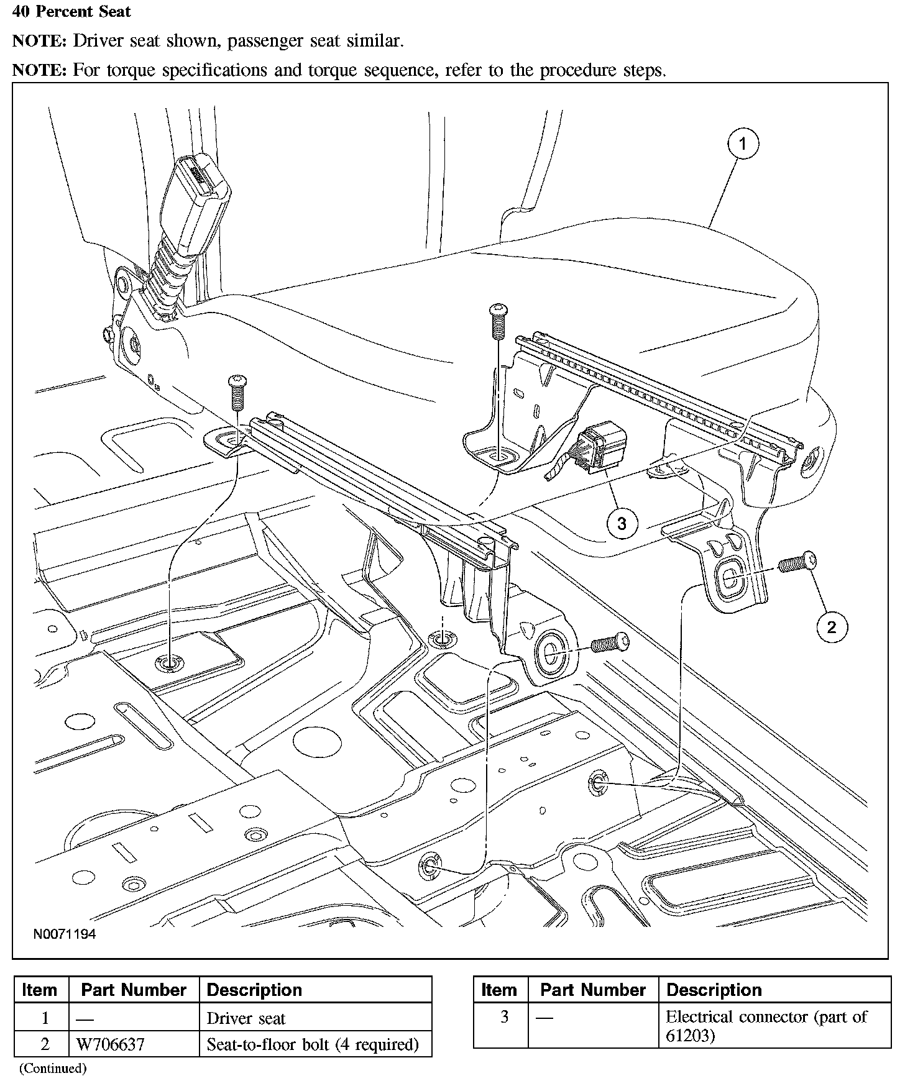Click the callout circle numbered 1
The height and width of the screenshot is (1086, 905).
click(742, 144)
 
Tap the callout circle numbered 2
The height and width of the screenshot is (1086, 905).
click(832, 627)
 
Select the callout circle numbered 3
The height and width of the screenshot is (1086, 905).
click(622, 523)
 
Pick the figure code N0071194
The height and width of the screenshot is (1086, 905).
click(65, 934)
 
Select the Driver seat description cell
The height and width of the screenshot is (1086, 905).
click(246, 1018)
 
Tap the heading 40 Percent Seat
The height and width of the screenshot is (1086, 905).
click(71, 12)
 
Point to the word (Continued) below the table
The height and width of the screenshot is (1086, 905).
click(52, 1069)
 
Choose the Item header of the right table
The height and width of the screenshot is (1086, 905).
click(499, 990)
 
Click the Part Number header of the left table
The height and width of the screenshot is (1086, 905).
click(134, 990)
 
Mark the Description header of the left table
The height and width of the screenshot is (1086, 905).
click(254, 990)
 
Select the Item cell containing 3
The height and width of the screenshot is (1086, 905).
click(504, 1017)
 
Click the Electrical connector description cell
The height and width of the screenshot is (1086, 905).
click(766, 1026)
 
